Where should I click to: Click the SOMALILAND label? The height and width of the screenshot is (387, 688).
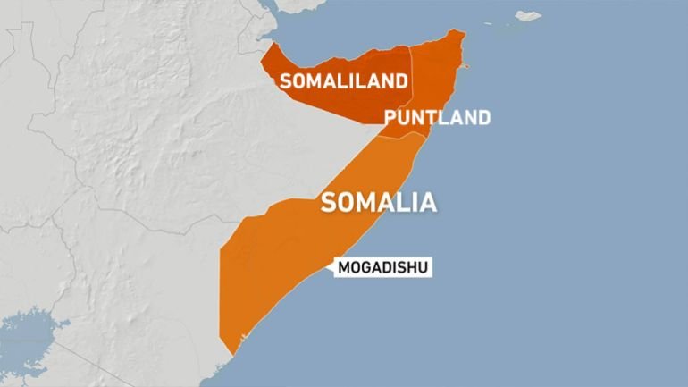coord(344,81)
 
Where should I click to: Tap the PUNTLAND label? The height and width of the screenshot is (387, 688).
coord(437,118)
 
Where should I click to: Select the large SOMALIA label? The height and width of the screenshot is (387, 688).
coord(379,202)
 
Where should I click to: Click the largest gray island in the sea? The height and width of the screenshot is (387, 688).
coord(528,16)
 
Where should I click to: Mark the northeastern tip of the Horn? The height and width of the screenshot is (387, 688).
coord(462,32)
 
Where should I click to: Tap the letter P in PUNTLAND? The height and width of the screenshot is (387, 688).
coord(390,118)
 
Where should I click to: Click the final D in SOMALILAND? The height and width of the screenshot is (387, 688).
coord(402,81)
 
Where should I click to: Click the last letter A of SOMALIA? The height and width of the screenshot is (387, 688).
coord(429,203)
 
